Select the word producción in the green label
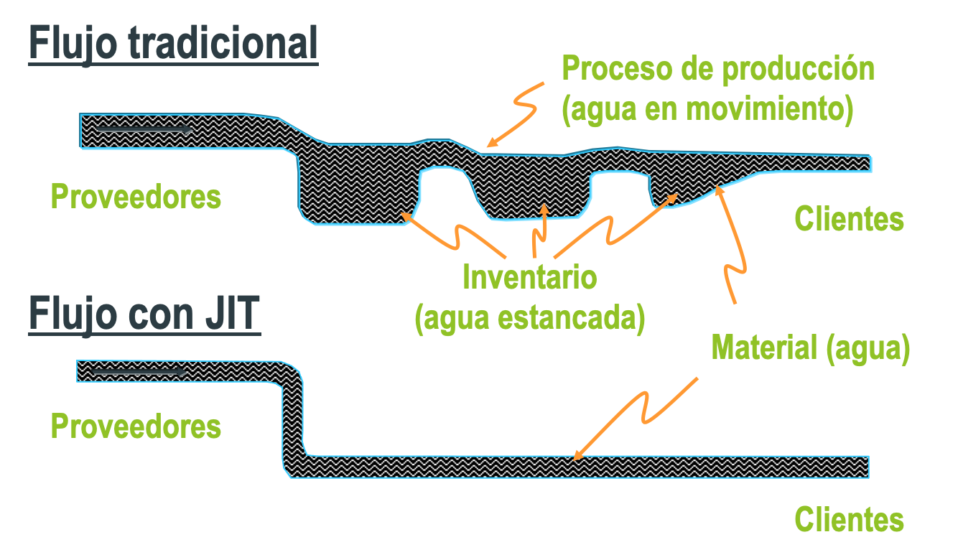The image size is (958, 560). pos(799,69)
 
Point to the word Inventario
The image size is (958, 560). pos(529,276)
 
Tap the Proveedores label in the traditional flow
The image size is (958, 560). pos(136,196)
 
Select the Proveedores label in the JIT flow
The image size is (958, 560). pos(136,426)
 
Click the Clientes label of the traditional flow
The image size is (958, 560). pos(849,218)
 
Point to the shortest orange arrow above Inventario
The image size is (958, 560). pos(540,230)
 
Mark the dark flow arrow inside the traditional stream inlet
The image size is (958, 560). pos(144,130)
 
